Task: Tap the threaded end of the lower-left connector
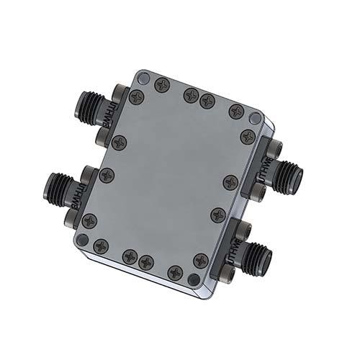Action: pyautogui.click(x=55, y=188)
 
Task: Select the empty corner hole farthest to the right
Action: pyautogui.click(x=254, y=117)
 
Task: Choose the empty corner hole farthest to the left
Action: pyautogui.click(x=84, y=239)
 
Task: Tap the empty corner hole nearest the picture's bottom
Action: pyautogui.click(x=192, y=280)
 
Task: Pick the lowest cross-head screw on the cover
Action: pyautogui.click(x=174, y=273)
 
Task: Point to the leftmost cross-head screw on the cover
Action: pyautogui.click(x=89, y=221)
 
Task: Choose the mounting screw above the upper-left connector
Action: pyautogui.click(x=119, y=91)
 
